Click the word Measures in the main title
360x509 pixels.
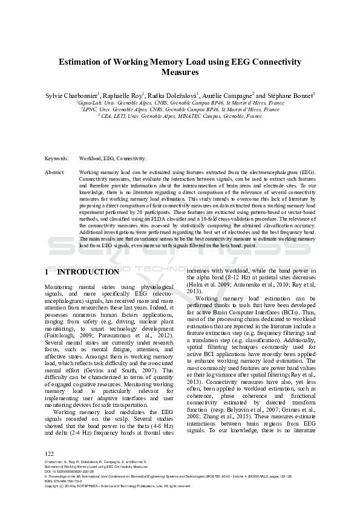point(180,72)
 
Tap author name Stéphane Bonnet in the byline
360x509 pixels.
point(290,96)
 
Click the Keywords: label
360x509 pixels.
point(56,158)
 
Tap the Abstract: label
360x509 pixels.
point(55,172)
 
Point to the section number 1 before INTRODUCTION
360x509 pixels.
point(48,272)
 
